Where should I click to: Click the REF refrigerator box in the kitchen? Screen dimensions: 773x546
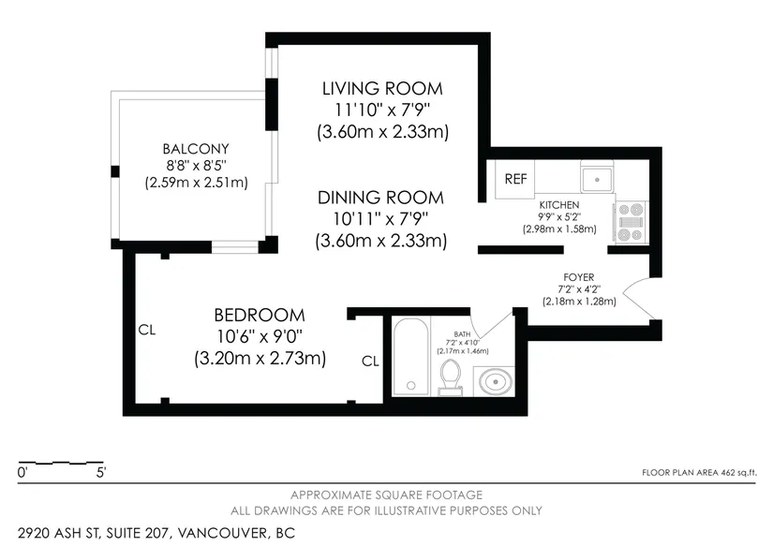point(515,178)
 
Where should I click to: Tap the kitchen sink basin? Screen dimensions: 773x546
point(597,180)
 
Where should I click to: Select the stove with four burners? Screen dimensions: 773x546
point(632,222)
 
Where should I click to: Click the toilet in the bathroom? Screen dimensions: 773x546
point(450,377)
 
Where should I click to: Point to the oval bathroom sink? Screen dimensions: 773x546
point(495,381)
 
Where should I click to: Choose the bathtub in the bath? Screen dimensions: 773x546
point(411,356)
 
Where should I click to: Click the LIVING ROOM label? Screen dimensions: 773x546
point(382,89)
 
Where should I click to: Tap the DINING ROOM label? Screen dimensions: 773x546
point(380,198)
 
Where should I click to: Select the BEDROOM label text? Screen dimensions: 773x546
point(260,315)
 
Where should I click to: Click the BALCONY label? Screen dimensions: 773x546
point(196,149)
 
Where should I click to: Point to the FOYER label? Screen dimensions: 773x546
point(579,277)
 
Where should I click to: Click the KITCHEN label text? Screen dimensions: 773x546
point(559,205)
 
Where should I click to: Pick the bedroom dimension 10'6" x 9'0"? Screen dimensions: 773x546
point(260,336)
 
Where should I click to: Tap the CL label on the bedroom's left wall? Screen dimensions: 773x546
point(147,330)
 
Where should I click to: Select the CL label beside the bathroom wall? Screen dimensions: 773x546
point(370,362)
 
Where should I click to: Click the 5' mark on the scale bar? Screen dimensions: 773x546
point(101,473)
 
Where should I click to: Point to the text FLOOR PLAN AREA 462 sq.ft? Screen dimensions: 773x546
point(699,473)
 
